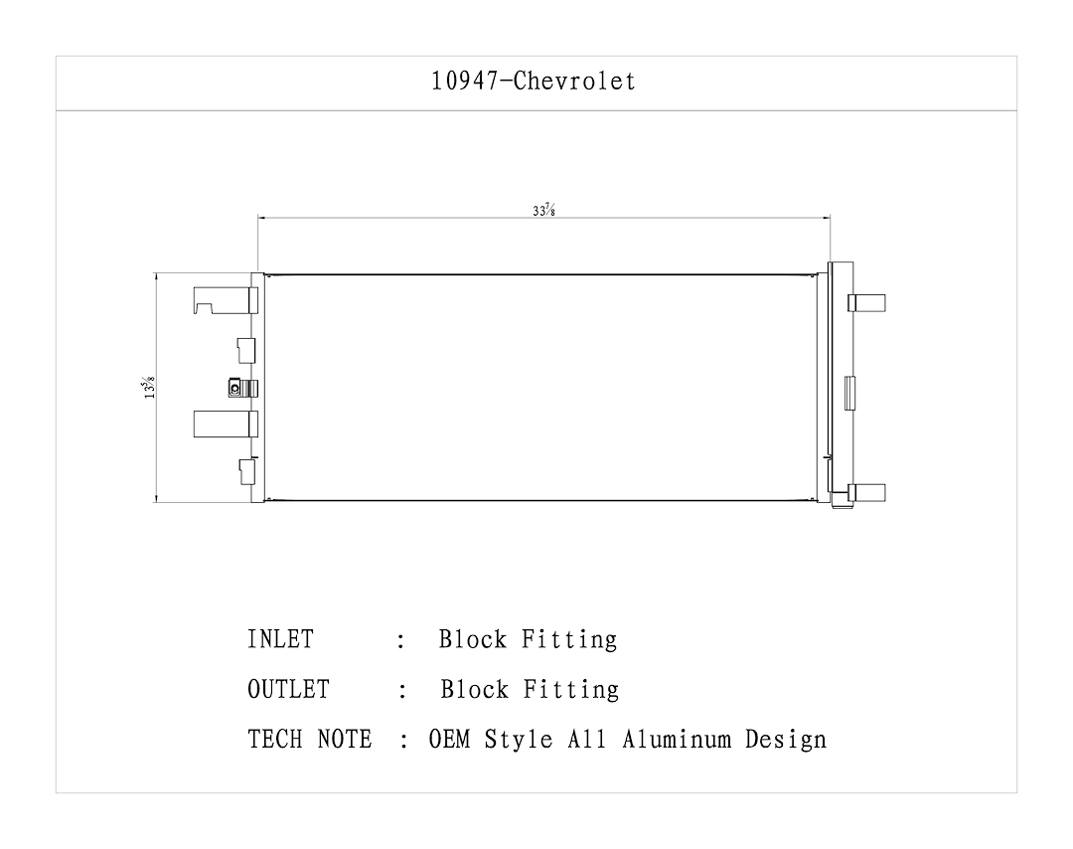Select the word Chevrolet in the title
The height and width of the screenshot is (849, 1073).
coord(575,82)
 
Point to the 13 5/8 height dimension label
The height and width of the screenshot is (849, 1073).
coord(147,387)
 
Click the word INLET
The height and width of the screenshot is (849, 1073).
coord(280,639)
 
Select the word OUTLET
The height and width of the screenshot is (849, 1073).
coord(288,689)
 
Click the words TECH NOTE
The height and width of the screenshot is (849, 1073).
coord(310,740)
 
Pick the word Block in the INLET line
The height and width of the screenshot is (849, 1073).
coord(473,639)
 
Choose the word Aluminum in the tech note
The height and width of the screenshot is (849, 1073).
coord(683,740)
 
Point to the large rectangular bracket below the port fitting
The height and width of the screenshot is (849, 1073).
coord(225,424)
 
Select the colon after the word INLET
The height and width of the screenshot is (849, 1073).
coord(400,641)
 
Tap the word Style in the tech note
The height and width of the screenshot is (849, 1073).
coord(517,740)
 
